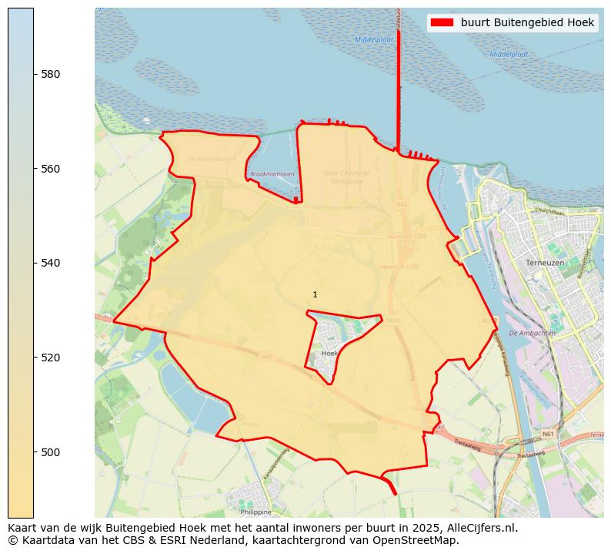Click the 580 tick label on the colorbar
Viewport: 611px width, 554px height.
[x=50, y=74]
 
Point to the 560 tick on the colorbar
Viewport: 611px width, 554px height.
[x=50, y=169]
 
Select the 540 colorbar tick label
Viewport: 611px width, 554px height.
[x=50, y=263]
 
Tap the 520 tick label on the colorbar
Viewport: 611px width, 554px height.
[x=50, y=358]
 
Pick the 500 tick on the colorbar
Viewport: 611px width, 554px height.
[x=50, y=452]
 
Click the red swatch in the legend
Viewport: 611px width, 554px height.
[x=443, y=22]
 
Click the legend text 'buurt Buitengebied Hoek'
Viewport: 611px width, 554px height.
[x=527, y=22]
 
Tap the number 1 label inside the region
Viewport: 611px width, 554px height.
[x=315, y=294]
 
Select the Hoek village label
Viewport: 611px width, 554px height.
[x=329, y=353]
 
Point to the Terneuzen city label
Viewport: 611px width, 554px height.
[x=545, y=263]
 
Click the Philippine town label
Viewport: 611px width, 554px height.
[x=255, y=511]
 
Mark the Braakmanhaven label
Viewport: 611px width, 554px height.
[x=272, y=174]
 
